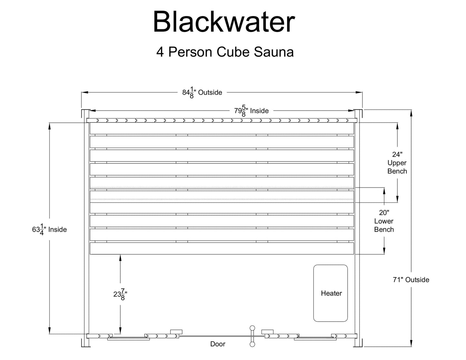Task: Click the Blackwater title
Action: (x=223, y=22)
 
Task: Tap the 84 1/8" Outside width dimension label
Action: (x=202, y=93)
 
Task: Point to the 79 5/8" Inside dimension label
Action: (x=251, y=111)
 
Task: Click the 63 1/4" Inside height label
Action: (x=49, y=229)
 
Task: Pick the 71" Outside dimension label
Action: (x=411, y=280)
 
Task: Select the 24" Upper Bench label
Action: (x=397, y=163)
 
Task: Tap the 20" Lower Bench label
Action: (x=384, y=221)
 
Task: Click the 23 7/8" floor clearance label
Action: (x=120, y=294)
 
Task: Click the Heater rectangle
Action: (x=331, y=293)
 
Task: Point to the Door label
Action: (x=218, y=344)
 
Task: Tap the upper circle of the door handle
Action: (x=252, y=328)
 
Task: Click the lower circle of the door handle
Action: (x=252, y=344)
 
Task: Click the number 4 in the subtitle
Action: (x=160, y=52)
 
